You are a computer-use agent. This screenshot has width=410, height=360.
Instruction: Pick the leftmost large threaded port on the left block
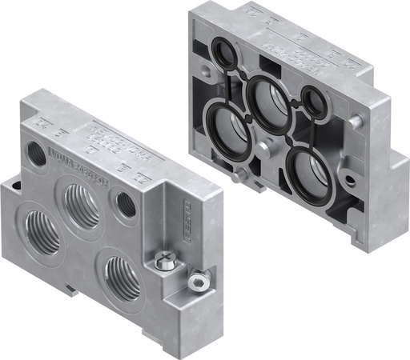coord(39,232)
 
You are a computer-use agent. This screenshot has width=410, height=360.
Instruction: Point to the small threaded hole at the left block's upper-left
coord(37,151)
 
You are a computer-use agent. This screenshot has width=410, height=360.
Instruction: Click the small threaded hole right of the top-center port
coord(125,203)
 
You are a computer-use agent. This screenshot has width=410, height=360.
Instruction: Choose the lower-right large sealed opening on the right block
coord(309,171)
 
